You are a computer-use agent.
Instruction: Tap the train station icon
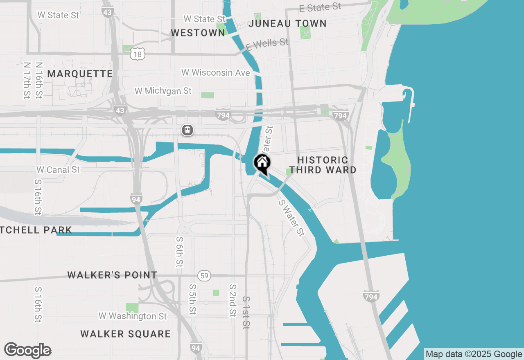coord(187,130)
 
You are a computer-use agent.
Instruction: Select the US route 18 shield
coord(138,54)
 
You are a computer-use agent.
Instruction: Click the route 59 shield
coord(204,276)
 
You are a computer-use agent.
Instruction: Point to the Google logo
coord(28,351)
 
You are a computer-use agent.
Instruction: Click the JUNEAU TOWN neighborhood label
coord(287,24)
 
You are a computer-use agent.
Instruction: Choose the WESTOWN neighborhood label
coord(198,33)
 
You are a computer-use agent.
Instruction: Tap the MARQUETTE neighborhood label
coord(80,74)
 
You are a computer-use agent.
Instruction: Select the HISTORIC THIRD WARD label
coord(323,165)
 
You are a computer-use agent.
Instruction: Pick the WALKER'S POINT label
coord(112,275)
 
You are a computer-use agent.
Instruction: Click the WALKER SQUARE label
coord(126,334)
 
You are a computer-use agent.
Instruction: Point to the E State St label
coord(320,7)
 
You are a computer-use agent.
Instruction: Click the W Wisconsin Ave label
coord(216,73)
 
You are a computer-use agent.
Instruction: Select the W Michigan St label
coord(163,91)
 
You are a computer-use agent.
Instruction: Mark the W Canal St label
coord(58,169)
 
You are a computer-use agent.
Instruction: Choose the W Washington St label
coord(133,316)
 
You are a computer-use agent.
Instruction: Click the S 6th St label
coord(179,252)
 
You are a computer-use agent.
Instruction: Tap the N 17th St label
coord(27,80)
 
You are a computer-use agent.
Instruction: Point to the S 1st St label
coord(246,313)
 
